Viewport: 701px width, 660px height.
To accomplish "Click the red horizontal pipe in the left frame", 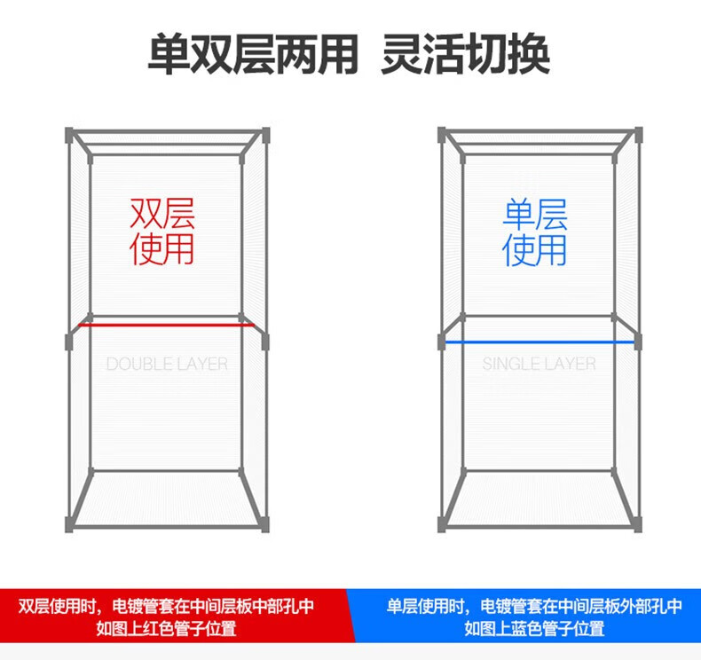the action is [166, 325].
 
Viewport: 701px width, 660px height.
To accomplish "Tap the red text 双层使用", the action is [162, 231].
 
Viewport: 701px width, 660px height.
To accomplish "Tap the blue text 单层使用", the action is [535, 232].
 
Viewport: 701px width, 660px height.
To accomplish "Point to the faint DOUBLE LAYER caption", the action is [167, 364].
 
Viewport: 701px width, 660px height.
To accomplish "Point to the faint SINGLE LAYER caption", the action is [539, 364].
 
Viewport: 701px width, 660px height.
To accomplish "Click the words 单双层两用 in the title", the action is [252, 54].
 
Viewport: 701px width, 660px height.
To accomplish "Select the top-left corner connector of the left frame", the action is [69, 135].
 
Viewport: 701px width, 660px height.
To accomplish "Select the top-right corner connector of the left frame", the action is [264, 135].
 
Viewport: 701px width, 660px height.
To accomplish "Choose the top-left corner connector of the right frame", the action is [442, 135].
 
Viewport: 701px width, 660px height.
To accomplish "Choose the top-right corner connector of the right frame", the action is [637, 135].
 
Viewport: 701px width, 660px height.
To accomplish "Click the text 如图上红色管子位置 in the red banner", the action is [167, 629].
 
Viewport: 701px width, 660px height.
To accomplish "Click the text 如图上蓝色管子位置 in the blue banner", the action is [534, 629].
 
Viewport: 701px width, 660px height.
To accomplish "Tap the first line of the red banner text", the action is [167, 607].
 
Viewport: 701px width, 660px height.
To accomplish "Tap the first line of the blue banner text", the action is [534, 607].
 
